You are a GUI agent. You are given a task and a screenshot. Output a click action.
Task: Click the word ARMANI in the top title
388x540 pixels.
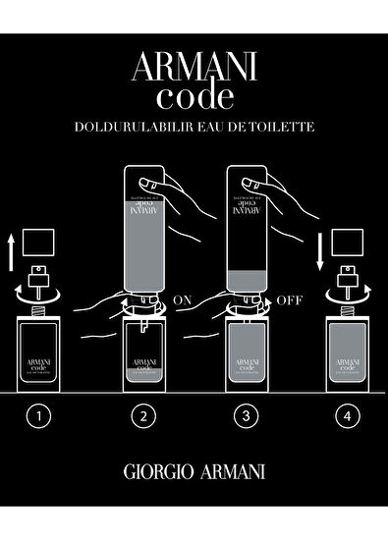(194, 68)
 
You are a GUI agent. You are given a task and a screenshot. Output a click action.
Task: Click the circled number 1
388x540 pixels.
(38, 416)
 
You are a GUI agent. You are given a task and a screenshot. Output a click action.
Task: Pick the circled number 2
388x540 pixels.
(143, 416)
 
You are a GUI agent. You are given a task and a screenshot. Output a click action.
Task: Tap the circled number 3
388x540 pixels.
(246, 416)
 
